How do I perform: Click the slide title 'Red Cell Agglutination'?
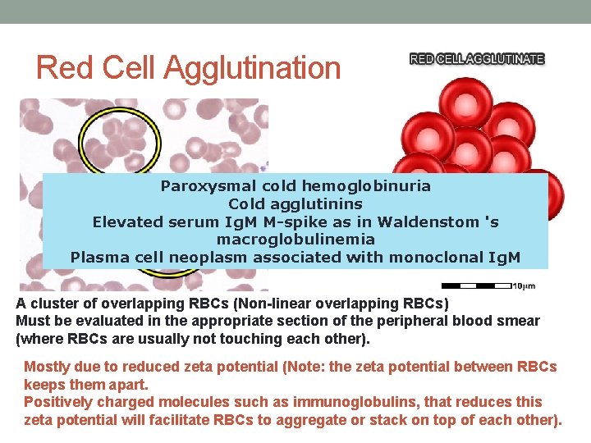coord(188,67)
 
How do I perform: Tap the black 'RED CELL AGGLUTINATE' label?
coord(477,59)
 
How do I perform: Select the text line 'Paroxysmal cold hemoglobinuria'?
coord(295,185)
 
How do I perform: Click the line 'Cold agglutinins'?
coord(295,203)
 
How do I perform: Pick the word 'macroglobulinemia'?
coord(295,240)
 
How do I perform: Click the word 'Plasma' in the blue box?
coord(98,257)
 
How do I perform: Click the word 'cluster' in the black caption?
coord(52,304)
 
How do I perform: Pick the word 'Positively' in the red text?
coord(57,402)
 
